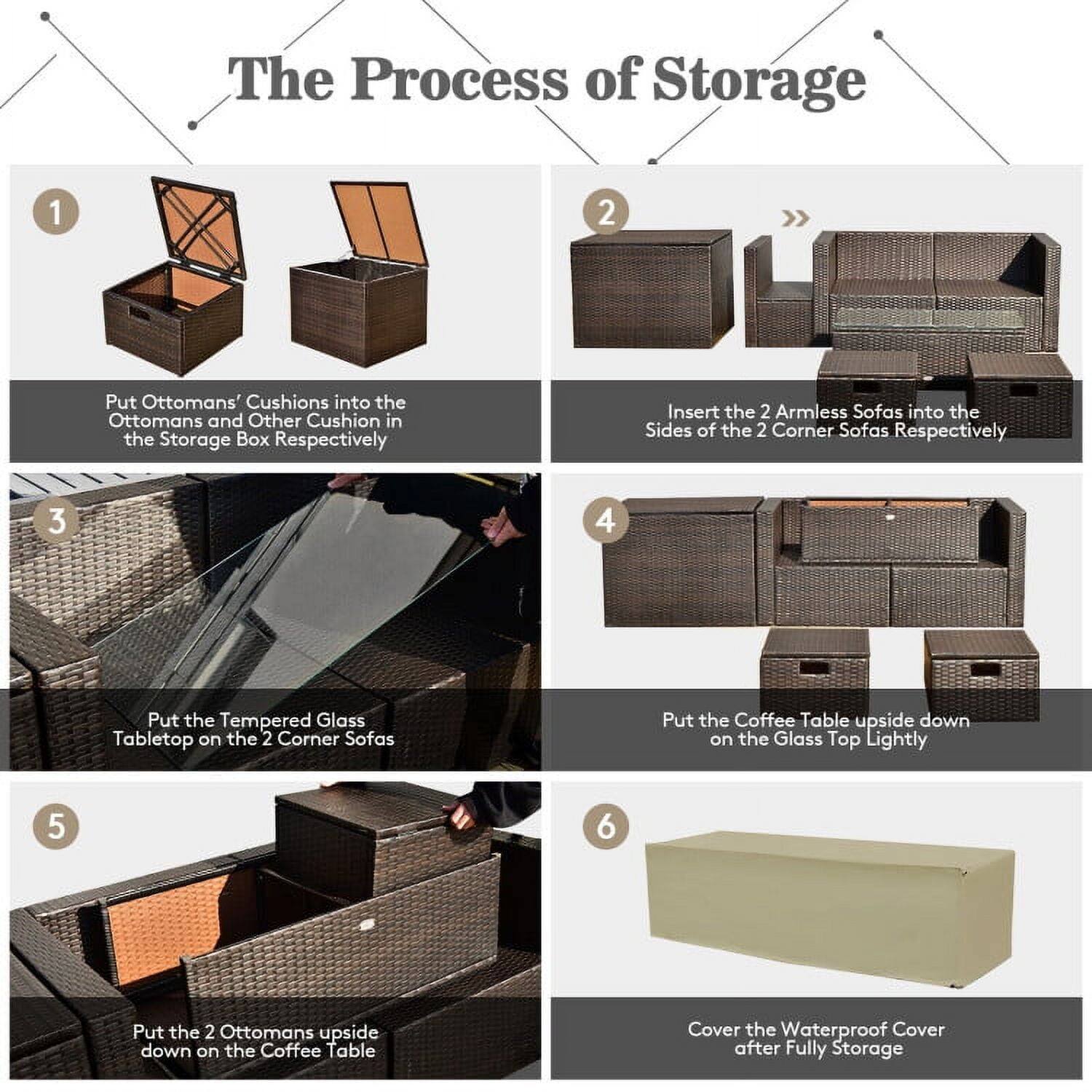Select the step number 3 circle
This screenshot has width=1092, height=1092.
(x=56, y=521)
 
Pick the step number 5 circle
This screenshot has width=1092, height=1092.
(x=56, y=827)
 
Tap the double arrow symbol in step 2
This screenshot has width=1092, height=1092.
(x=795, y=218)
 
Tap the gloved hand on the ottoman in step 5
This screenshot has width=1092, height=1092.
(x=460, y=814)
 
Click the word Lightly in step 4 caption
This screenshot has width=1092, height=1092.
(x=895, y=739)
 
